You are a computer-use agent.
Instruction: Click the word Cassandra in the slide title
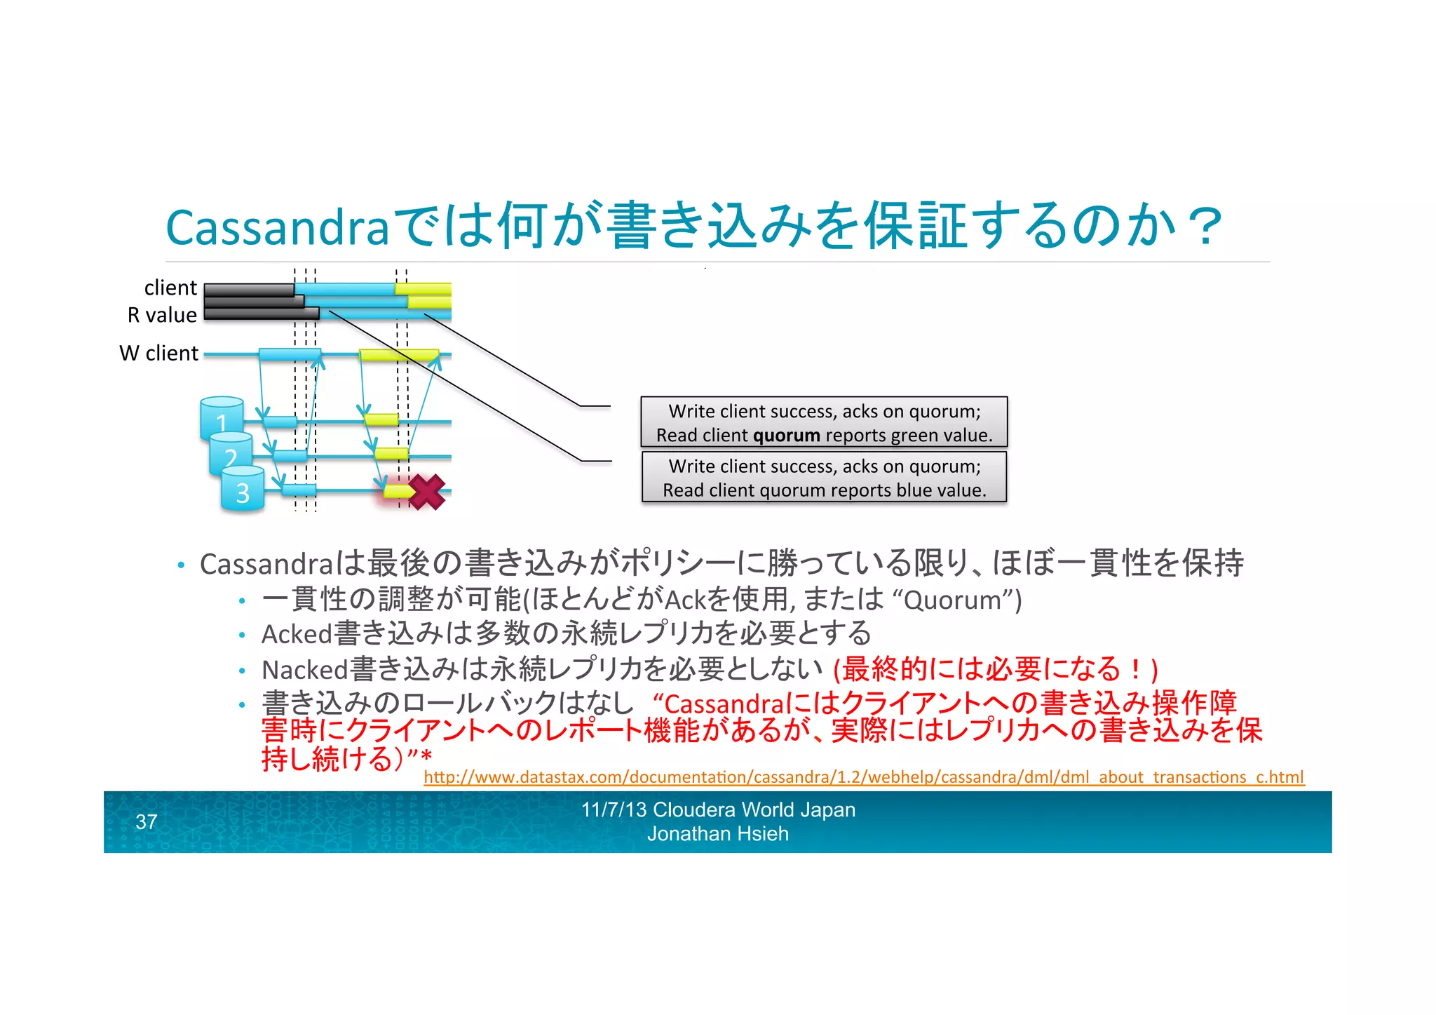[x=277, y=227]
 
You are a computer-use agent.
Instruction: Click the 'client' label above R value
[x=170, y=288]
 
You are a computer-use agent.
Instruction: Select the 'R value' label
[x=162, y=315]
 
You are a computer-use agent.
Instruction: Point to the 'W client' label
[x=159, y=353]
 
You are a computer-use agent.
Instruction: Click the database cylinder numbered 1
[x=221, y=419]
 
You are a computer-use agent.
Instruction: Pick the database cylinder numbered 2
[x=231, y=455]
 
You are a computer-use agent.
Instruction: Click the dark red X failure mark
[x=427, y=492]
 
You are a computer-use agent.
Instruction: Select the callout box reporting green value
[x=824, y=422]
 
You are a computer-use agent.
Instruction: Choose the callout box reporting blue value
[x=824, y=477]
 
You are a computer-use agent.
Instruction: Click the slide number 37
[x=147, y=821]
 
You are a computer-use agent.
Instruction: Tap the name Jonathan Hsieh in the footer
[x=717, y=834]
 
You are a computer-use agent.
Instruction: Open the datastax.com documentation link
[x=863, y=777]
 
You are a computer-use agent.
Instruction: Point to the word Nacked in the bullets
[x=305, y=670]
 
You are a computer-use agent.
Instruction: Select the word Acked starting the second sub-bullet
[x=297, y=634]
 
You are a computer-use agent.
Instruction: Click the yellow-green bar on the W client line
[x=398, y=355]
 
